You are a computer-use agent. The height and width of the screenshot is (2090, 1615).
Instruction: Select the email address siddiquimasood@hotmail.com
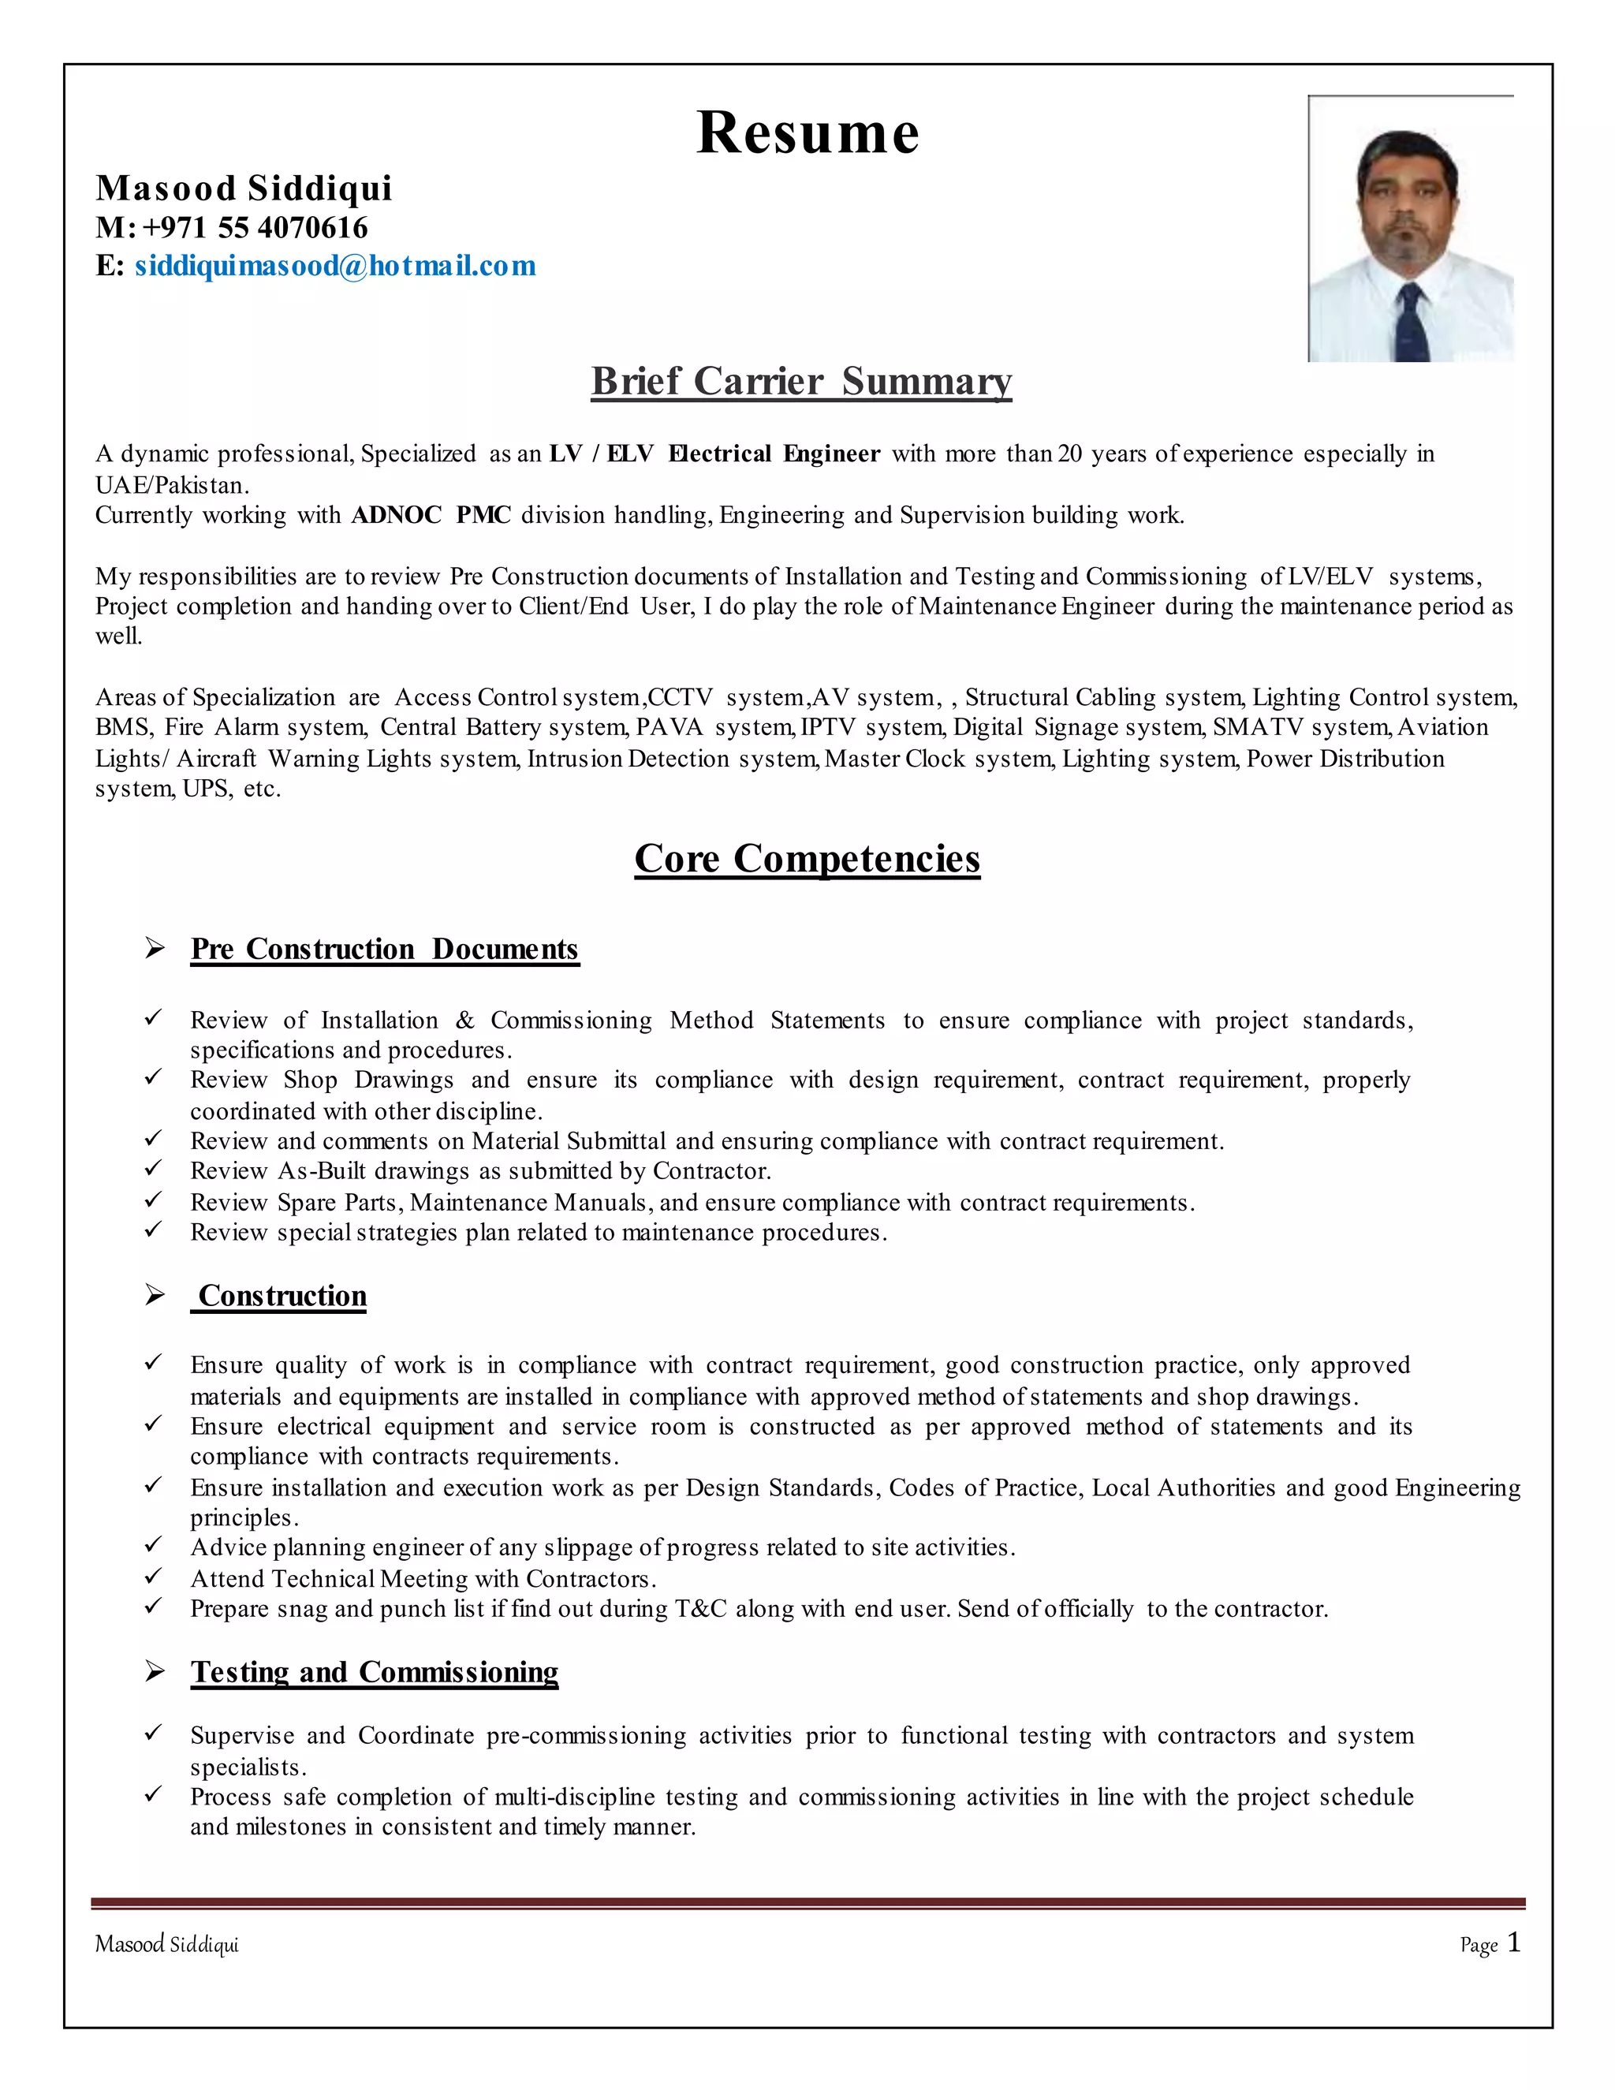[335, 266]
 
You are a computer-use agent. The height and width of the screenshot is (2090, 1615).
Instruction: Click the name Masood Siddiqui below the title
[244, 188]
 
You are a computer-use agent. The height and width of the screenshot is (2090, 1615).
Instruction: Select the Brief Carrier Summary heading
[801, 381]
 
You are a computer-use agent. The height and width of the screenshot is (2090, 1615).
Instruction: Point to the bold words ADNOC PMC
[431, 516]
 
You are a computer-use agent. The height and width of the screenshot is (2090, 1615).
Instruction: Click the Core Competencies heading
[807, 858]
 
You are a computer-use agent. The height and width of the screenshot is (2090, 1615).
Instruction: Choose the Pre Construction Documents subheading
[384, 950]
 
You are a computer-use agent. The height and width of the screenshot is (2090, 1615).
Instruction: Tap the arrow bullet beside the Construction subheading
[155, 1296]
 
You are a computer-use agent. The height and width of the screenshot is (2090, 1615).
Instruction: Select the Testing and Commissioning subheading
[374, 1672]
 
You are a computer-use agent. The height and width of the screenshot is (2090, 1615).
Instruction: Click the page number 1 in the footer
[1512, 1943]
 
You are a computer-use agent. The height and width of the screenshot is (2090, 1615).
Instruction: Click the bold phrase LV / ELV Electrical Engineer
[714, 454]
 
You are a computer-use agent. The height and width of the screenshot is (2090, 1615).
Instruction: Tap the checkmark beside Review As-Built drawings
[153, 1170]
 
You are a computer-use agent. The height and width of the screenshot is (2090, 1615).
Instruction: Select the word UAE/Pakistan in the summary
[171, 485]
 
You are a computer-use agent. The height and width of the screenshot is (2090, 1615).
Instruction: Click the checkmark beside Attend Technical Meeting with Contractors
[153, 1577]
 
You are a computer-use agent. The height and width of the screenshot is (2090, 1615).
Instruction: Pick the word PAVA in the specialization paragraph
[669, 728]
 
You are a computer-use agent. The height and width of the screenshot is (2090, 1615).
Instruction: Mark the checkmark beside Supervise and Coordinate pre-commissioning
[153, 1734]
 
